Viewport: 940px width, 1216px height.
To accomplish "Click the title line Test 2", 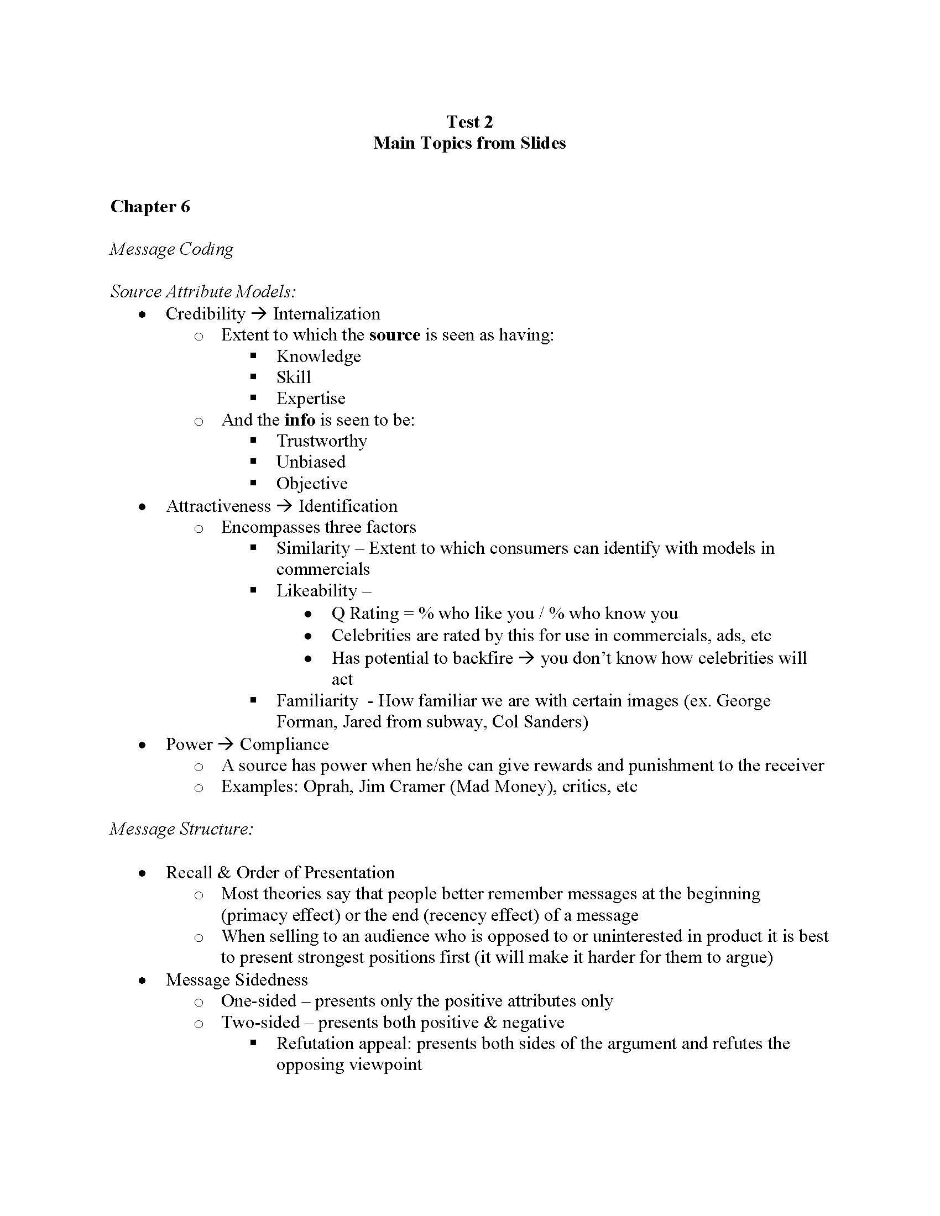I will coord(469,122).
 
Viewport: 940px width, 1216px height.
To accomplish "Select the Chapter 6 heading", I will coord(150,207).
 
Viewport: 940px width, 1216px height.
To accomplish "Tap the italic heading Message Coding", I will coord(171,249).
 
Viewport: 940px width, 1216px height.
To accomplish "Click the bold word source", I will coord(394,334).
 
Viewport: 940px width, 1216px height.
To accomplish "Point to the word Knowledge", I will coord(318,357).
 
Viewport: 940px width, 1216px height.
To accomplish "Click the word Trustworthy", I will coord(321,441).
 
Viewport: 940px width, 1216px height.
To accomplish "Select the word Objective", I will coord(312,483).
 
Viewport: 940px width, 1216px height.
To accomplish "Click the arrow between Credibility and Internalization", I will coord(259,314).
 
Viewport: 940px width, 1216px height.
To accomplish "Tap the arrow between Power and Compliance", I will coord(226,745).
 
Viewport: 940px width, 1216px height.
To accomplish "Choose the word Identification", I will coord(348,506).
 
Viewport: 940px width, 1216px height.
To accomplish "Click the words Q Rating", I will coord(365,614).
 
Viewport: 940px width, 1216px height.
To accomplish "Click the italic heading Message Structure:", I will coord(181,829).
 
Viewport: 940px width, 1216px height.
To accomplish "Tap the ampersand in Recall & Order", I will coord(224,872).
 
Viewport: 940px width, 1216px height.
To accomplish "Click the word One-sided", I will coord(258,1000).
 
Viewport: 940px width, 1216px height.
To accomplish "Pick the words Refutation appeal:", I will coord(343,1043).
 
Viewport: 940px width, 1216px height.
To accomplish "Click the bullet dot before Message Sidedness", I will coord(143,981).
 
